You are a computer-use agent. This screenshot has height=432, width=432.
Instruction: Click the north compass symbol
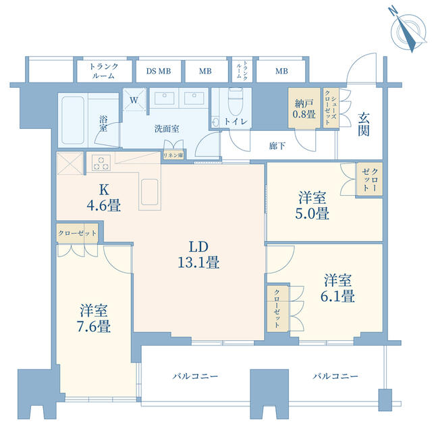pyautogui.click(x=407, y=30)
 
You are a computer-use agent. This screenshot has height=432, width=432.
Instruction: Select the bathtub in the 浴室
pyautogui.click(x=73, y=120)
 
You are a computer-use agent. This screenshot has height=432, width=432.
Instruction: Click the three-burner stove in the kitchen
pyautogui.click(x=101, y=163)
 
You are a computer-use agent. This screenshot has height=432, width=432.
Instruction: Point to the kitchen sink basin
pyautogui.click(x=150, y=192)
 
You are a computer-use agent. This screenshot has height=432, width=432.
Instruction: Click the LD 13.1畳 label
pyautogui.click(x=198, y=254)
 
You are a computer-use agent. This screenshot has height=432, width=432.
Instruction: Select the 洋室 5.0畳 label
pyautogui.click(x=312, y=205)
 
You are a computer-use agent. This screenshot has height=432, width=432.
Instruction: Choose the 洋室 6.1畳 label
pyautogui.click(x=337, y=288)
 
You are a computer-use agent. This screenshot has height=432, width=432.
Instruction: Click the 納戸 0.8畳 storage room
pyautogui.click(x=304, y=108)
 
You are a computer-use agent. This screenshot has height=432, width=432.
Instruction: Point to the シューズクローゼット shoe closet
pyautogui.click(x=331, y=108)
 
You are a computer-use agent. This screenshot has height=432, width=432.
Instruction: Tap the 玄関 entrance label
pyautogui.click(x=364, y=124)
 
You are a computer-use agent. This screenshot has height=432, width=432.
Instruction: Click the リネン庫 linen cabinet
pyautogui.click(x=173, y=155)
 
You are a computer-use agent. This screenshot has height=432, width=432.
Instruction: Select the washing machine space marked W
pyautogui.click(x=134, y=99)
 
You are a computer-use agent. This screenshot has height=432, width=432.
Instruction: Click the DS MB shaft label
pyautogui.click(x=159, y=71)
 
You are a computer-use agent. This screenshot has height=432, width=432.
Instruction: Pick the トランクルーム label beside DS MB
pyautogui.click(x=103, y=71)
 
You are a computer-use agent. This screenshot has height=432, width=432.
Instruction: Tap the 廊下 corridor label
pyautogui.click(x=277, y=146)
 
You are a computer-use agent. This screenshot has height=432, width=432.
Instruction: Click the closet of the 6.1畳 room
pyautogui.click(x=277, y=308)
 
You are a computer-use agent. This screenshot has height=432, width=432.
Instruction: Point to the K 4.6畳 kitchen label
pyautogui.click(x=103, y=197)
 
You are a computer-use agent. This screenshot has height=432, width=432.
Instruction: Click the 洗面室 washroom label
pyautogui.click(x=167, y=128)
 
